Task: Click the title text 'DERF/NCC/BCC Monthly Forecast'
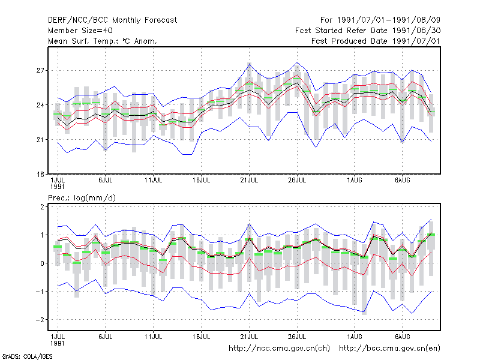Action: [112, 20]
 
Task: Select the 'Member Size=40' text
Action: [80, 31]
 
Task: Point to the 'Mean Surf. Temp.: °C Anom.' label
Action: [103, 41]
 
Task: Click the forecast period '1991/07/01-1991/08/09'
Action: [389, 20]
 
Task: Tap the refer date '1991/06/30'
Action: [416, 31]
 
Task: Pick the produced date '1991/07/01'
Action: [416, 41]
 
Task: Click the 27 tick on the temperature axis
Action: [40, 70]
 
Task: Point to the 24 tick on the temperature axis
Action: [40, 105]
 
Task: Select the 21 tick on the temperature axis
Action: [40, 140]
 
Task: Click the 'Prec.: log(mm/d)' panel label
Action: [82, 198]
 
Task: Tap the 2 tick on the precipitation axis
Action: [42, 206]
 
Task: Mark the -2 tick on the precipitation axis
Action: [40, 320]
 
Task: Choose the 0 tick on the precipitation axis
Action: [42, 263]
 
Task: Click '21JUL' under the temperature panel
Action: [249, 180]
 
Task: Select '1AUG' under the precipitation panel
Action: [355, 337]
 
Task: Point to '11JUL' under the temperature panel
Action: [154, 180]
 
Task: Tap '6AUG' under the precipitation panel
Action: [402, 337]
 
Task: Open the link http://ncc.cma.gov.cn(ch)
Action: [279, 349]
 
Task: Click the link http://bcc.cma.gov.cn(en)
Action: [389, 349]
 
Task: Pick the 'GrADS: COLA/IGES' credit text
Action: [27, 356]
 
